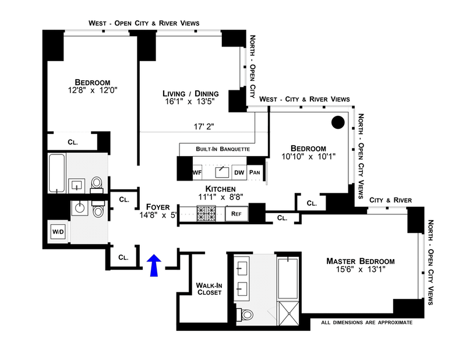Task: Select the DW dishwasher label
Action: pyautogui.click(x=239, y=172)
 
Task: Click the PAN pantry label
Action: pyautogui.click(x=255, y=172)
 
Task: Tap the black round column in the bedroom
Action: pyautogui.click(x=338, y=123)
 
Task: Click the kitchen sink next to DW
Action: pyautogui.click(x=222, y=172)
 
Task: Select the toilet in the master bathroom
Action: pyautogui.click(x=247, y=315)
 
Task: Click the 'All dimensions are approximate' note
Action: pyautogui.click(x=366, y=322)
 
